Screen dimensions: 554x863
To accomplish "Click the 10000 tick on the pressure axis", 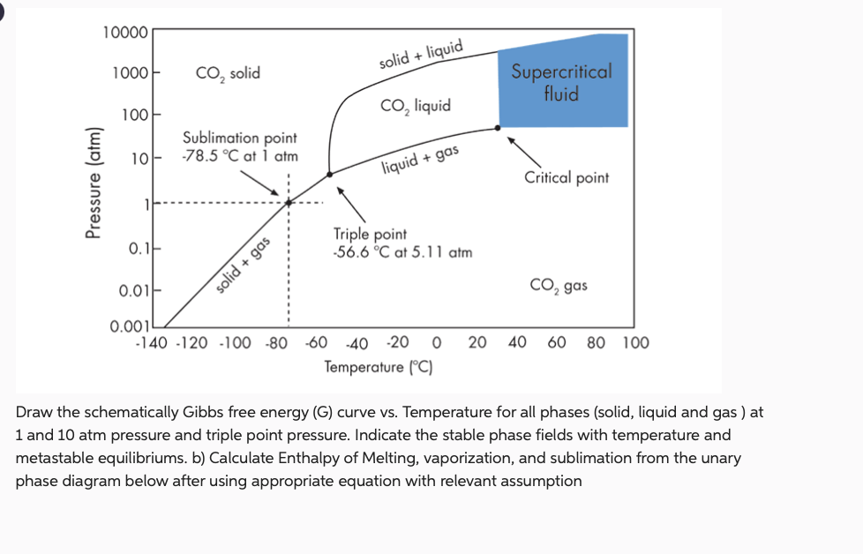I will coord(126,33).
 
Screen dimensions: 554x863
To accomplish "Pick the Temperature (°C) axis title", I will coord(378,366).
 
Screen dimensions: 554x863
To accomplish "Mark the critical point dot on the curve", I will coord(498,128).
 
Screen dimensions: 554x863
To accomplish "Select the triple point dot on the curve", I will coord(330,174).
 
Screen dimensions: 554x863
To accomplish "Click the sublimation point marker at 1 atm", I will coord(288,203).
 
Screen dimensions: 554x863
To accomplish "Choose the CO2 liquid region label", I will coord(415,106).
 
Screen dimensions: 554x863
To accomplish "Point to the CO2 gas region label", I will coord(558,286).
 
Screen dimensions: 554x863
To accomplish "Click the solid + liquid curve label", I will coord(421,55).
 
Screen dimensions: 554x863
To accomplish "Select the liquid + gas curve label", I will coord(421,160).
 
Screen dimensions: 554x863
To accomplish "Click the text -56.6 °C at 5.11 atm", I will coord(402,252).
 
